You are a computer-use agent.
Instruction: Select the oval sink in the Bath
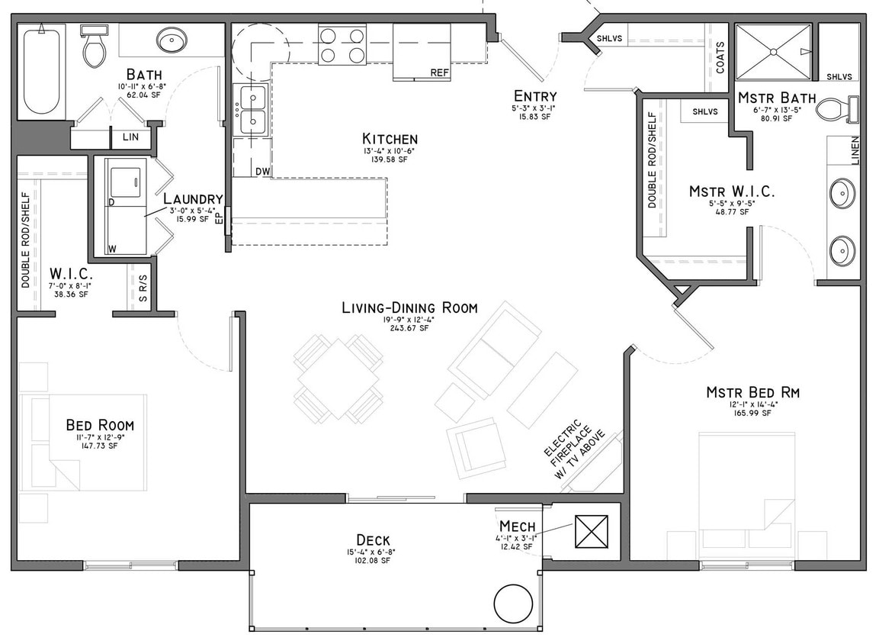pos(172,39)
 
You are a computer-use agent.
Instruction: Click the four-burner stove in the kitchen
pos(342,45)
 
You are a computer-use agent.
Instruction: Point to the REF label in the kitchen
pos(439,73)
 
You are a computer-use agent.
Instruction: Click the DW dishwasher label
pos(262,171)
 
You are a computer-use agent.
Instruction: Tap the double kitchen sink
pos(251,109)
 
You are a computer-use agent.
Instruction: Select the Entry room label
pos(534,96)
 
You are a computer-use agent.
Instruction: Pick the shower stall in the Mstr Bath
pos(773,51)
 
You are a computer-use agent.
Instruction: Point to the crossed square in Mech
pos(592,531)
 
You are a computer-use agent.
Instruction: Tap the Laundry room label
pos(193,199)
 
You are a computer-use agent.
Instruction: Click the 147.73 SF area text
pos(100,446)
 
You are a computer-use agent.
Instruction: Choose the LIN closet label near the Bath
pos(131,137)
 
